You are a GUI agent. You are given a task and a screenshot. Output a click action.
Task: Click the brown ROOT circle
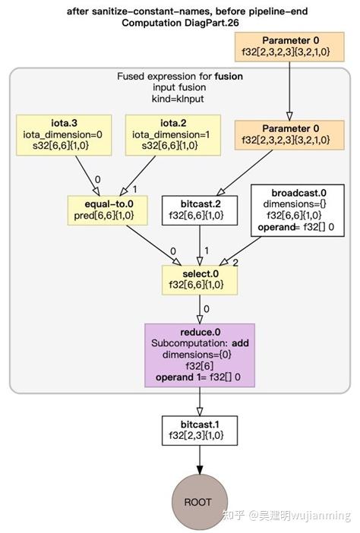(x=198, y=501)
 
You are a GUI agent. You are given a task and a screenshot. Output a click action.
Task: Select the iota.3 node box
(x=64, y=135)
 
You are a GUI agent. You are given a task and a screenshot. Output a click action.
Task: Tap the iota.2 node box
(x=172, y=135)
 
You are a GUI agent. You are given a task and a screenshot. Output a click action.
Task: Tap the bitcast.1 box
(x=198, y=430)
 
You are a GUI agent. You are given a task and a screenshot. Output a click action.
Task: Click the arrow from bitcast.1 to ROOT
(x=198, y=457)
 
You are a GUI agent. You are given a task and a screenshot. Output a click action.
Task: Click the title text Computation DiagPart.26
(x=179, y=22)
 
